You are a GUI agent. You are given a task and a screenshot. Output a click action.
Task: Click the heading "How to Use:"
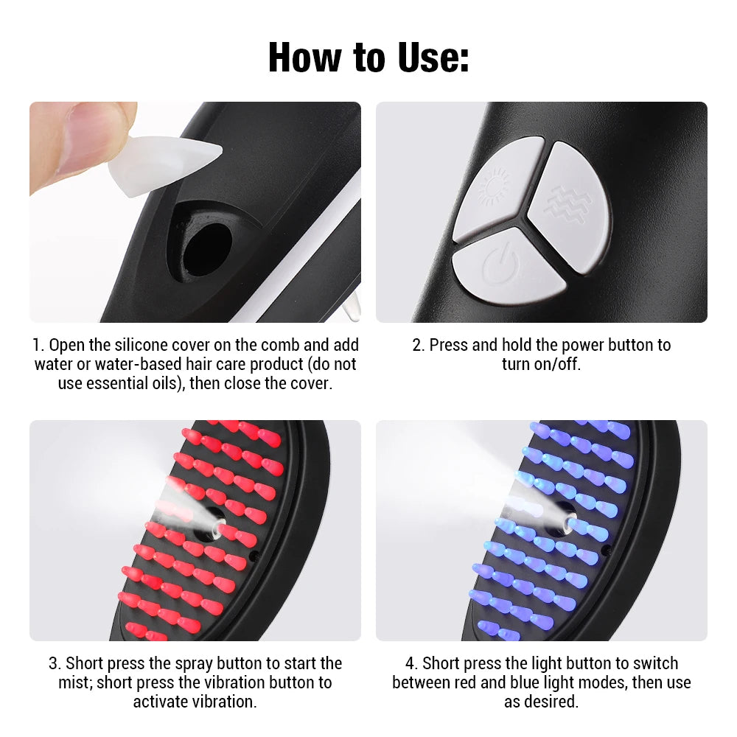pyautogui.click(x=368, y=57)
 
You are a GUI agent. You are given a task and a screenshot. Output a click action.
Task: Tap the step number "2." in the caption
pyautogui.click(x=419, y=345)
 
